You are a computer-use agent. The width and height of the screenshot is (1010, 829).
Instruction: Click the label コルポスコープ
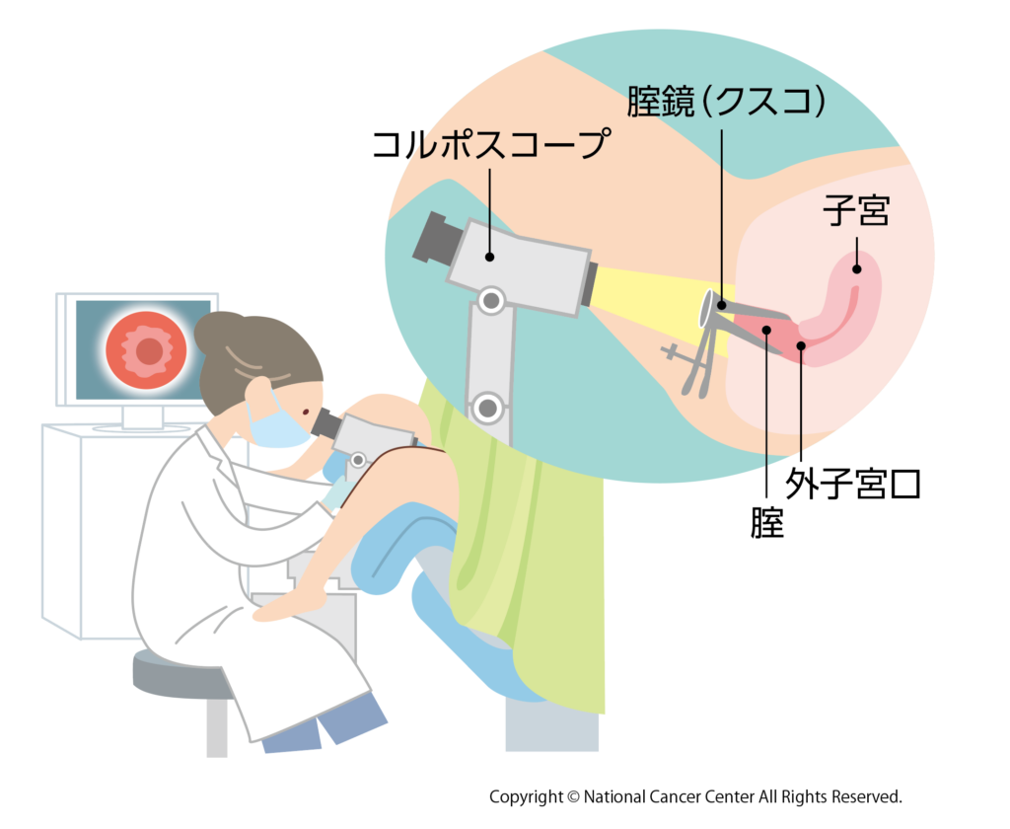(x=491, y=143)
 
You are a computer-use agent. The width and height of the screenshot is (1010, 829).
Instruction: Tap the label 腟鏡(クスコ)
(x=727, y=102)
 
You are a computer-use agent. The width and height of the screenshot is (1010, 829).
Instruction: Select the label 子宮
(x=856, y=210)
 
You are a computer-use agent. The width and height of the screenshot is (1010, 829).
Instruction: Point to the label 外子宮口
(x=853, y=484)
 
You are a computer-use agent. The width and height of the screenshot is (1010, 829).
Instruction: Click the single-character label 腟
(x=767, y=522)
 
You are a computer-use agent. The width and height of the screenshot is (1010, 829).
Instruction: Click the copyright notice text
(x=695, y=796)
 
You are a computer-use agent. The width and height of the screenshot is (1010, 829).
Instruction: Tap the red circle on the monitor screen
(x=147, y=350)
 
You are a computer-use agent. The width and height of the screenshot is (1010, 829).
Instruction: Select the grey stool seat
(x=182, y=674)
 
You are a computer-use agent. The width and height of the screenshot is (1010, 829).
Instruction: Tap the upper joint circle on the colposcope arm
(x=491, y=300)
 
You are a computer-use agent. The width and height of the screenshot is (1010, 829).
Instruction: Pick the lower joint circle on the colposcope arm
(x=487, y=408)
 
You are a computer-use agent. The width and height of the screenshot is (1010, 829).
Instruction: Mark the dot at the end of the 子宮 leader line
(x=857, y=268)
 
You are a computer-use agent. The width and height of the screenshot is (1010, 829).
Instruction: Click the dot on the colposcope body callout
(x=489, y=257)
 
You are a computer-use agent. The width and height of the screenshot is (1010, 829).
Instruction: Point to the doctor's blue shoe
(x=351, y=716)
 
